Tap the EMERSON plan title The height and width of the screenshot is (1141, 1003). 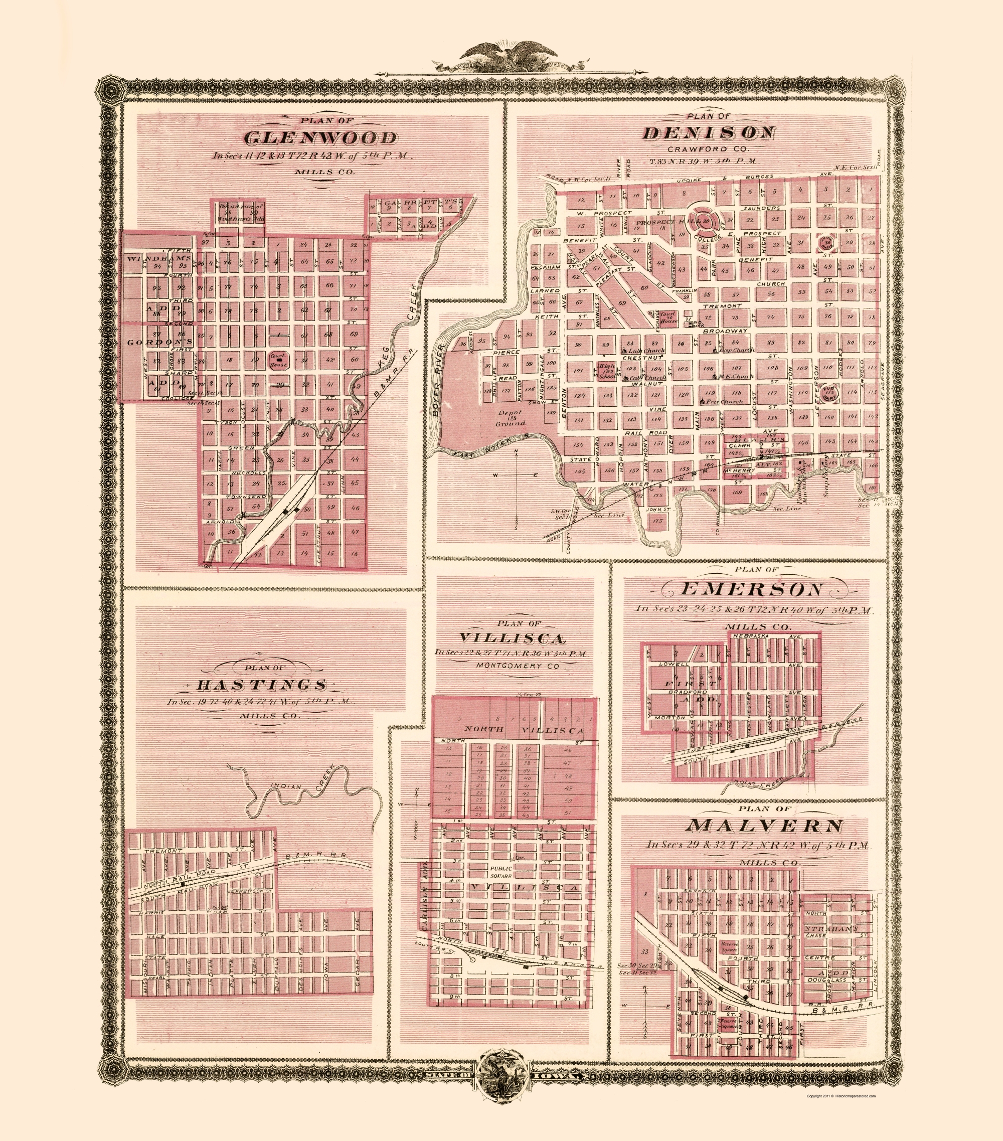[x=751, y=589]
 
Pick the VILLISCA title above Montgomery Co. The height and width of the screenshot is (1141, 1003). [x=513, y=638]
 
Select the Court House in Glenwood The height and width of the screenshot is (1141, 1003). [x=278, y=360]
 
